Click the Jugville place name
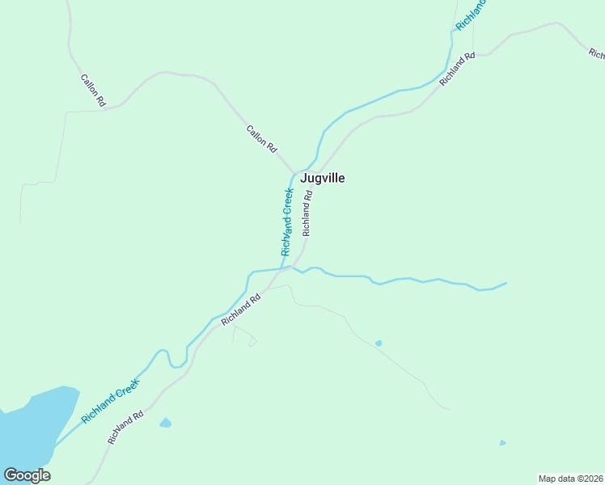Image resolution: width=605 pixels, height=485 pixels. pyautogui.click(x=323, y=178)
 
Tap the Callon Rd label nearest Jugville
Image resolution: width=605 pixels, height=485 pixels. pyautogui.click(x=261, y=139)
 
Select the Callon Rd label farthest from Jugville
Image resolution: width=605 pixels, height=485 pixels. pyautogui.click(x=93, y=91)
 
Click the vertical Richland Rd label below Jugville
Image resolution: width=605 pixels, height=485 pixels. pyautogui.click(x=307, y=213)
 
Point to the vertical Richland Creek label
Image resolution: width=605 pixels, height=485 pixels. pyautogui.click(x=287, y=221)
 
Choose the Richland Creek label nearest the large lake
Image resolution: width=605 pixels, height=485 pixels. pyautogui.click(x=111, y=402)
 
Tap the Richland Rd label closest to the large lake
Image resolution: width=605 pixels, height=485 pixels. pyautogui.click(x=125, y=428)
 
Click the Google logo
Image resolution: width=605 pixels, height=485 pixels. pyautogui.click(x=27, y=475)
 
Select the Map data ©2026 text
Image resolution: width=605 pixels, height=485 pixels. pyautogui.click(x=571, y=479)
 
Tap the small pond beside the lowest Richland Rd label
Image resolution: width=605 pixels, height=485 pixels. pyautogui.click(x=166, y=423)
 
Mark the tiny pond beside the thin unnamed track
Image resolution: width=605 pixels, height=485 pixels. pyautogui.click(x=379, y=344)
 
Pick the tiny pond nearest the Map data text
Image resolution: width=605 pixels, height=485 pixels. pyautogui.click(x=502, y=443)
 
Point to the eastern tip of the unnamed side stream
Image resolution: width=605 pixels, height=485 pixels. pyautogui.click(x=506, y=283)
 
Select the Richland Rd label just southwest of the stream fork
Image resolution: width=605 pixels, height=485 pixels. pyautogui.click(x=241, y=310)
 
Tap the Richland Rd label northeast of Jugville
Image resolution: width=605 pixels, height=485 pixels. pyautogui.click(x=457, y=70)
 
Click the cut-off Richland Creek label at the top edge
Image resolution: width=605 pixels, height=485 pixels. pyautogui.click(x=471, y=15)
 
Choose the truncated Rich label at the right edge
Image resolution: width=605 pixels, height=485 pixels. pyautogui.click(x=597, y=54)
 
